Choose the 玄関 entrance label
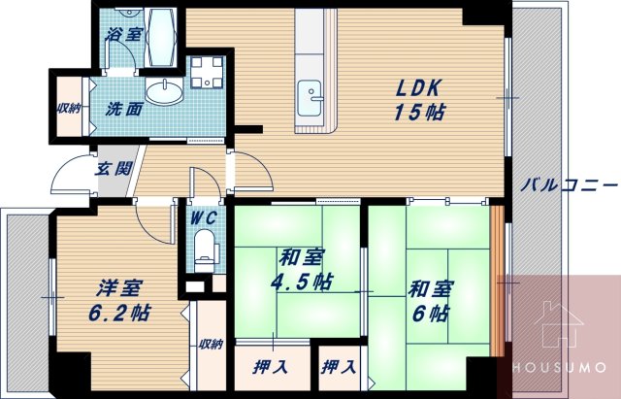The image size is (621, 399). click(110, 168)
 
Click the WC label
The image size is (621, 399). click(203, 216)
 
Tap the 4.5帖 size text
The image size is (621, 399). click(302, 283)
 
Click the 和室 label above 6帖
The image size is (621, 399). click(427, 288)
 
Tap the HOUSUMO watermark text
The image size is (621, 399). click(559, 370)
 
